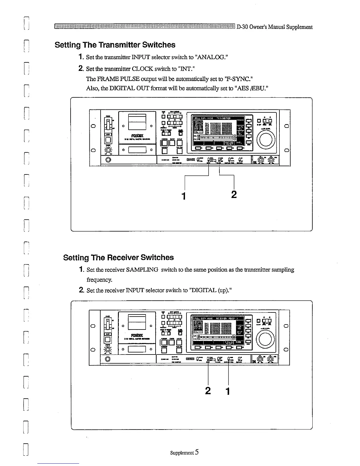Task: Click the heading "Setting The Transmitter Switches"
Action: coord(115,45)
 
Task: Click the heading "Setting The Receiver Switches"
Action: coord(118,257)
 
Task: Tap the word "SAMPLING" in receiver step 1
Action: coord(142,270)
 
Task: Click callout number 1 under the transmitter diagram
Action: coord(184,196)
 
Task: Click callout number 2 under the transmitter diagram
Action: coord(234,194)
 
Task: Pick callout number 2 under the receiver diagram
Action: coord(208,391)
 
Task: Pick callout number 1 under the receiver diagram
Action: coord(227,391)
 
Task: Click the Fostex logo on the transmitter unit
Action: coord(137,136)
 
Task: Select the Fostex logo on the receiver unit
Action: coord(137,335)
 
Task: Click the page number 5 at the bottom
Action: coord(196,452)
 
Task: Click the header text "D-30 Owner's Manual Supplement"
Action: coord(274,27)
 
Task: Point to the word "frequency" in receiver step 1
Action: coord(97,279)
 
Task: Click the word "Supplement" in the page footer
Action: coord(182,453)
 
